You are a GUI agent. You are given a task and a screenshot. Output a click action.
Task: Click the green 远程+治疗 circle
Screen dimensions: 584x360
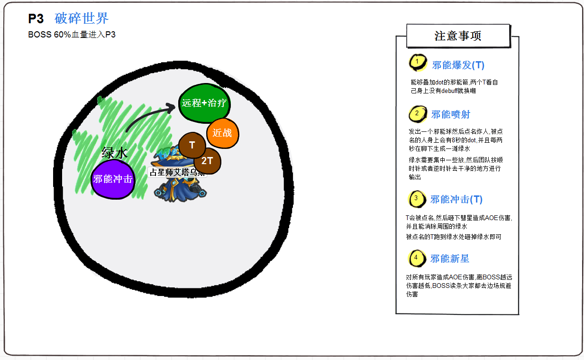tap(204, 103)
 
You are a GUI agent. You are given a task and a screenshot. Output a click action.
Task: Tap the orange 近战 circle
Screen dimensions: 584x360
tap(222, 133)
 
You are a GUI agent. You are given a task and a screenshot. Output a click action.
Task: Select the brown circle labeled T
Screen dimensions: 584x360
tap(192, 145)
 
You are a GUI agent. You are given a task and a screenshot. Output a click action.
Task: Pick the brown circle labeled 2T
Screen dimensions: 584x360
tap(208, 160)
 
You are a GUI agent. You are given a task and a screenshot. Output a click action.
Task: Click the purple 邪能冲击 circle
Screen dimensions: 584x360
tap(113, 179)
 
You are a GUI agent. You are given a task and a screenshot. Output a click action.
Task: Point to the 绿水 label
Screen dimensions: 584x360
tap(115, 153)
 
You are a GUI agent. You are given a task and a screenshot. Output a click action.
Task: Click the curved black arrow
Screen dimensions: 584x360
tap(149, 118)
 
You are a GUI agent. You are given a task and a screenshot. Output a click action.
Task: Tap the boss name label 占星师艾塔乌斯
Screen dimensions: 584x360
tap(177, 172)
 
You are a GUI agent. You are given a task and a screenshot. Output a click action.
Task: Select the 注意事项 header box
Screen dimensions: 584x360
tap(458, 36)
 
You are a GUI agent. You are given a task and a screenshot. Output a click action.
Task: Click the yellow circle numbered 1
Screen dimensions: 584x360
tap(417, 62)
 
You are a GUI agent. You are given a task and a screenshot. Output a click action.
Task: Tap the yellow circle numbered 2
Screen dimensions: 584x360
tap(417, 114)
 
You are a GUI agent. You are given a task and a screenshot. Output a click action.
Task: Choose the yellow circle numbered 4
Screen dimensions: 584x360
tap(416, 258)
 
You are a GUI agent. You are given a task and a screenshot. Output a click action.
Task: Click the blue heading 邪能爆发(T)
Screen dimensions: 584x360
tap(458, 65)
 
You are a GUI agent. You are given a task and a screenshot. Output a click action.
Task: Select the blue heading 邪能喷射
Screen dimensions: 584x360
tap(450, 114)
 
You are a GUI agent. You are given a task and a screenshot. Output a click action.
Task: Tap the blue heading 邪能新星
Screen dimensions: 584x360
tap(449, 258)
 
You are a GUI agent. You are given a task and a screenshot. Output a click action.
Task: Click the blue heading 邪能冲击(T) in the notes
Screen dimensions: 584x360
tap(456, 199)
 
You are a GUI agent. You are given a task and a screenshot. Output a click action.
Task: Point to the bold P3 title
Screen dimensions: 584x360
tap(36, 18)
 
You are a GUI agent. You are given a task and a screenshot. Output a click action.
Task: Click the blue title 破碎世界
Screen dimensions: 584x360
tap(82, 18)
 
